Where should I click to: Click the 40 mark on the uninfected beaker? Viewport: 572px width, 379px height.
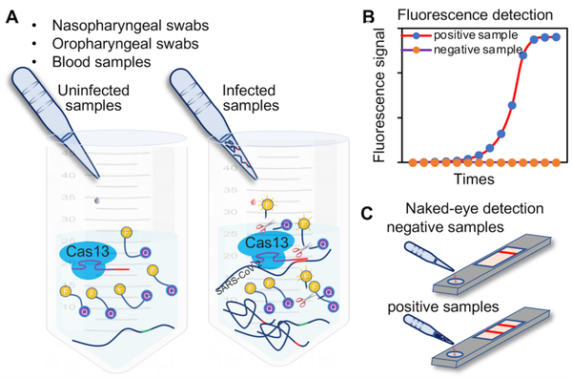[68, 177]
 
